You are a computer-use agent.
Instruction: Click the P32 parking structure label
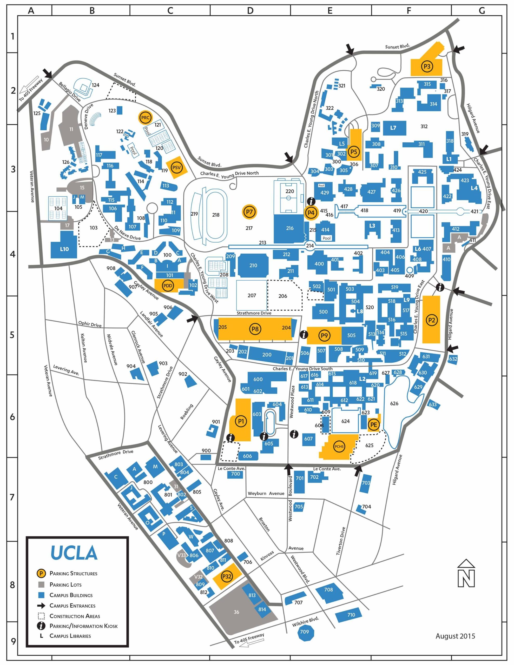[227, 576]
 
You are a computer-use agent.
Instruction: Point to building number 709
[304, 632]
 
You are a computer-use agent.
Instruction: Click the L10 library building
[64, 249]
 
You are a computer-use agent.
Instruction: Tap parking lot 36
[236, 612]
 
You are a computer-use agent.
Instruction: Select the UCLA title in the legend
[74, 553]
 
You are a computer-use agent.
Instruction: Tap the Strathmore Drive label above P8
[254, 313]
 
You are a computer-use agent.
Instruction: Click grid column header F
[408, 11]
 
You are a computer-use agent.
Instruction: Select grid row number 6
[12, 417]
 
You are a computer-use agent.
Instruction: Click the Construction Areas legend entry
[75, 616]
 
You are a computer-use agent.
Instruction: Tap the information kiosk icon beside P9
[304, 335]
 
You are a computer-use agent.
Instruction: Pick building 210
[253, 265]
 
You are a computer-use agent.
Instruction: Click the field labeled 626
[394, 403]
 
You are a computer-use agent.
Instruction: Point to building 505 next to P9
[351, 335]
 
